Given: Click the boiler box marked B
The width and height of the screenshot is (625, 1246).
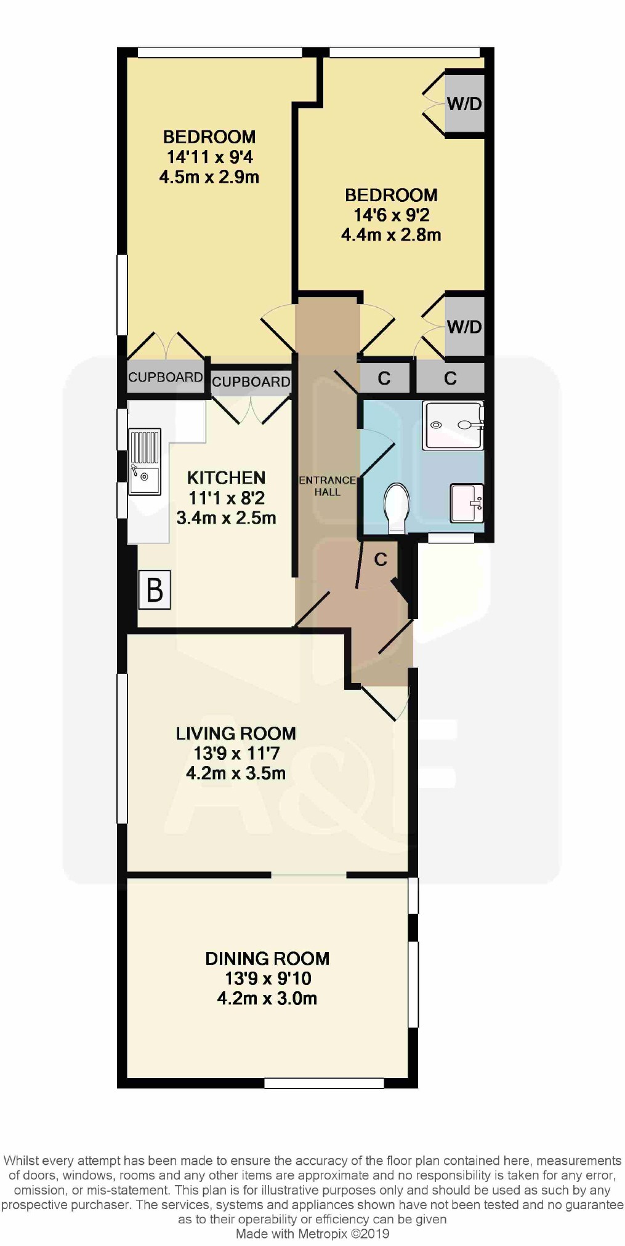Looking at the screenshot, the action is (154, 590).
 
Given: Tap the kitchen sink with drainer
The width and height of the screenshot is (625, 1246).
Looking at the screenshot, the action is (145, 461).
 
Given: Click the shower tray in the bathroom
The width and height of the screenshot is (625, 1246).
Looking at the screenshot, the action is (453, 425).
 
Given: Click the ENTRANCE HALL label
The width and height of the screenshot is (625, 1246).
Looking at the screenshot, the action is (328, 486).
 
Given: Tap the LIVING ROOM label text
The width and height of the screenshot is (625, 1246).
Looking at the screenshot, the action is (236, 733).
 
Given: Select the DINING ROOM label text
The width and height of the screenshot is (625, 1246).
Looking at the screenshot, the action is (267, 959).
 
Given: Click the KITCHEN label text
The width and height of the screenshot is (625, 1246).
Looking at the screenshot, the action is (226, 478).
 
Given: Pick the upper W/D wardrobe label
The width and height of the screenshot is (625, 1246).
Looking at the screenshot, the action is (464, 103).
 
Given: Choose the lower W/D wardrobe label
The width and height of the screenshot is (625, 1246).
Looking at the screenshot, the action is (464, 327).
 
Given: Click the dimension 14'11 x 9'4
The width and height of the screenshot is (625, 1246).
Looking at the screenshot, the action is (209, 157).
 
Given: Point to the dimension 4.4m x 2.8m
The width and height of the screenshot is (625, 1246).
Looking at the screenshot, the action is (391, 235).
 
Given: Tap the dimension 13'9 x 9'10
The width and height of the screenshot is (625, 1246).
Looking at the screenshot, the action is (268, 978).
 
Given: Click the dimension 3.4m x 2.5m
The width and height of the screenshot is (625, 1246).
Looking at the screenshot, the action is (226, 518).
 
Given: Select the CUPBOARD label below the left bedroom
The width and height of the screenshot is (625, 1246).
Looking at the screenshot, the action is (165, 377).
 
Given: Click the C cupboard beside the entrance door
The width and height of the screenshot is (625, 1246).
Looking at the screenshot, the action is (381, 559).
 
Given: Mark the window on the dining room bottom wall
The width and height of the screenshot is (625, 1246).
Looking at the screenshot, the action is (324, 1083).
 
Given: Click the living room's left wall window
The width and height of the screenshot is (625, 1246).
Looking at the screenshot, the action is (122, 748).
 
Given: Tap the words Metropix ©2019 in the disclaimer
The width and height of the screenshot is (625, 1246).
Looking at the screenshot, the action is (344, 1234).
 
